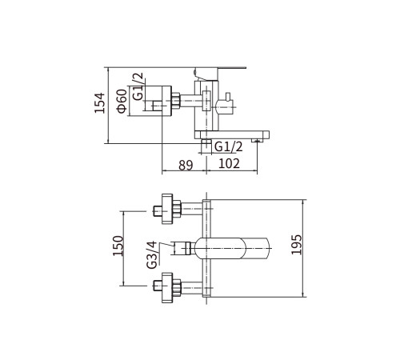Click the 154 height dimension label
(x=100, y=103)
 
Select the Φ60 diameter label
(x=122, y=101)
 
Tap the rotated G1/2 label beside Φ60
(x=138, y=86)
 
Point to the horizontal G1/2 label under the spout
(x=229, y=146)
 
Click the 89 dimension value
(x=186, y=166)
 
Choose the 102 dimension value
(x=229, y=163)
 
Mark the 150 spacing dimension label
(x=118, y=246)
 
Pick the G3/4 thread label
(x=151, y=254)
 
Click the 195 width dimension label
(x=296, y=245)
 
